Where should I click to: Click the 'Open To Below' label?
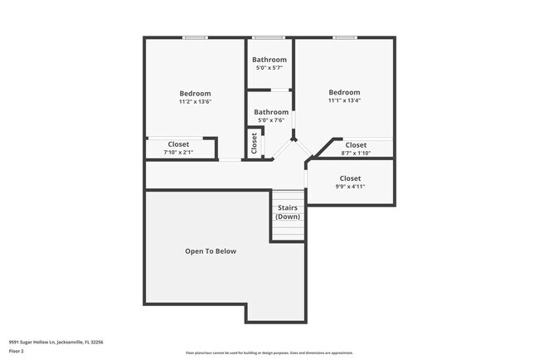tap(211, 251)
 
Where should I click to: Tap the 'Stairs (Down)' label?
tap(288, 212)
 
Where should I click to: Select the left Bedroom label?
tap(195, 93)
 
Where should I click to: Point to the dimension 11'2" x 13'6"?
tap(195, 102)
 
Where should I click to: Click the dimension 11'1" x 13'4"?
tap(344, 101)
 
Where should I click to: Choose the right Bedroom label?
tap(344, 92)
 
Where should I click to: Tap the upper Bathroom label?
tap(270, 60)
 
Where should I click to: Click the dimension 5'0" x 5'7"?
tap(270, 68)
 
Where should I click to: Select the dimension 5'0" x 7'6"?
tap(271, 120)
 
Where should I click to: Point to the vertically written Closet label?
tap(255, 143)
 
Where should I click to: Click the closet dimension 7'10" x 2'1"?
tap(178, 153)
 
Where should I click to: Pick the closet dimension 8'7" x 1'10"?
tap(356, 153)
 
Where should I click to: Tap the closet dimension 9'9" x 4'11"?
tap(350, 187)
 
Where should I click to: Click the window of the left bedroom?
tap(195, 37)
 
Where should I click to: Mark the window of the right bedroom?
tap(345, 37)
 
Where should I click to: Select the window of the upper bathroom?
tap(268, 37)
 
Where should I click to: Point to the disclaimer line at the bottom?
tap(269, 353)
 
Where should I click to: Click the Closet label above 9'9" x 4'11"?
tap(350, 178)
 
